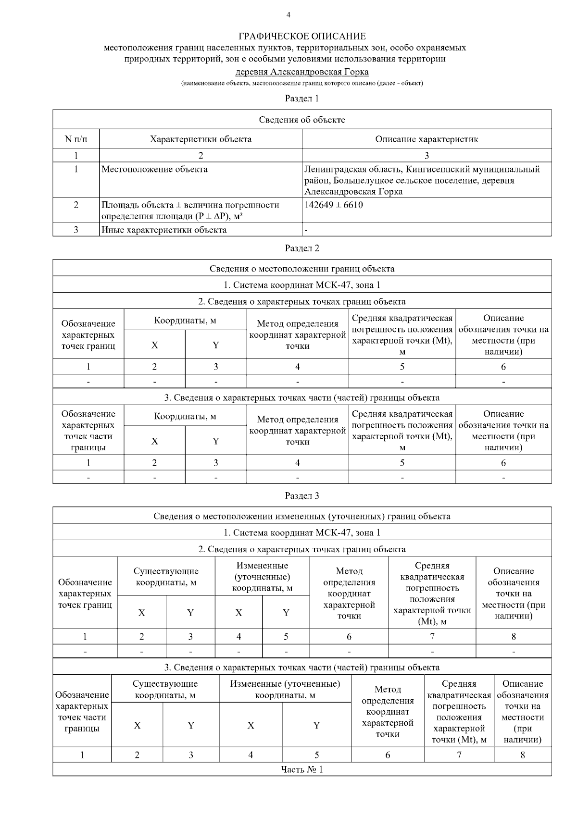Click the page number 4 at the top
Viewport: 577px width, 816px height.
click(288, 15)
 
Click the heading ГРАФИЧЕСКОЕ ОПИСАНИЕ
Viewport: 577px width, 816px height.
click(302, 37)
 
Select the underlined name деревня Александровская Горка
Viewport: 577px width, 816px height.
click(302, 72)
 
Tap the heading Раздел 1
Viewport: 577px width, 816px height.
click(302, 99)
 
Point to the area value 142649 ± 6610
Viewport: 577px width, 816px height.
click(334, 205)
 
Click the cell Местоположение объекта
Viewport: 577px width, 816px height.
click(155, 169)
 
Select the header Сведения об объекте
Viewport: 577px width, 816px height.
click(302, 120)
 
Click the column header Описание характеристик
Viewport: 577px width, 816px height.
click(426, 139)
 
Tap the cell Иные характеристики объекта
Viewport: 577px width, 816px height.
click(164, 230)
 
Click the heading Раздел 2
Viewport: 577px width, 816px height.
click(302, 248)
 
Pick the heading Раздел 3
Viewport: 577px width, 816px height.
click(302, 495)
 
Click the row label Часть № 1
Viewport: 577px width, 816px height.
click(302, 769)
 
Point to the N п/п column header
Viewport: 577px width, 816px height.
click(76, 139)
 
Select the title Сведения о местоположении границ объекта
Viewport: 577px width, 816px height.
click(302, 269)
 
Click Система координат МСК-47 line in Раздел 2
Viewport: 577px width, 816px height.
click(302, 285)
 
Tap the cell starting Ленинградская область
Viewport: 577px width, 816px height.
click(422, 180)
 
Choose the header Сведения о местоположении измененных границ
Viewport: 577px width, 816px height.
click(302, 516)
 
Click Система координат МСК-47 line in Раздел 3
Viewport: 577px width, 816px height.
click(302, 532)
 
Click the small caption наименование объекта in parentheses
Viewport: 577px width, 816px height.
click(302, 84)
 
